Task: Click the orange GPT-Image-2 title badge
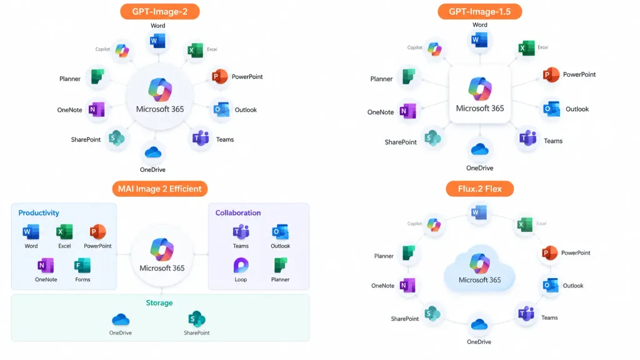(159, 11)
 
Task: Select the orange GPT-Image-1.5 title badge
(479, 11)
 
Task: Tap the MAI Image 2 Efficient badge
(159, 189)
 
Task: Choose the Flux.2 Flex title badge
(479, 189)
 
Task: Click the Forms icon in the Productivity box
(82, 265)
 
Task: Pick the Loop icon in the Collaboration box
(241, 265)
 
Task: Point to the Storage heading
(159, 303)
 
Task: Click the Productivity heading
(39, 212)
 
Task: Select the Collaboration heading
(238, 212)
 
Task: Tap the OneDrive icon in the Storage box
(121, 319)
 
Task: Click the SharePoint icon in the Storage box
(197, 319)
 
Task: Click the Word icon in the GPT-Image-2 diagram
(157, 41)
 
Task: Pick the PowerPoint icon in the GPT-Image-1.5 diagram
(551, 75)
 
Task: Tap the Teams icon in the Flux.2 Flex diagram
(526, 314)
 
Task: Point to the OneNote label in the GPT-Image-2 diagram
(69, 110)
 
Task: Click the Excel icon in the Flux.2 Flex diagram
(524, 224)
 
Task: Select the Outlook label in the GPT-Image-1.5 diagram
(577, 109)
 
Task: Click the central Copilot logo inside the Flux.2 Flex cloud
(479, 263)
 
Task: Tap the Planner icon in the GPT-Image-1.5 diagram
(409, 76)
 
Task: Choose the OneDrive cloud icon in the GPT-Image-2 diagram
(153, 152)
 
